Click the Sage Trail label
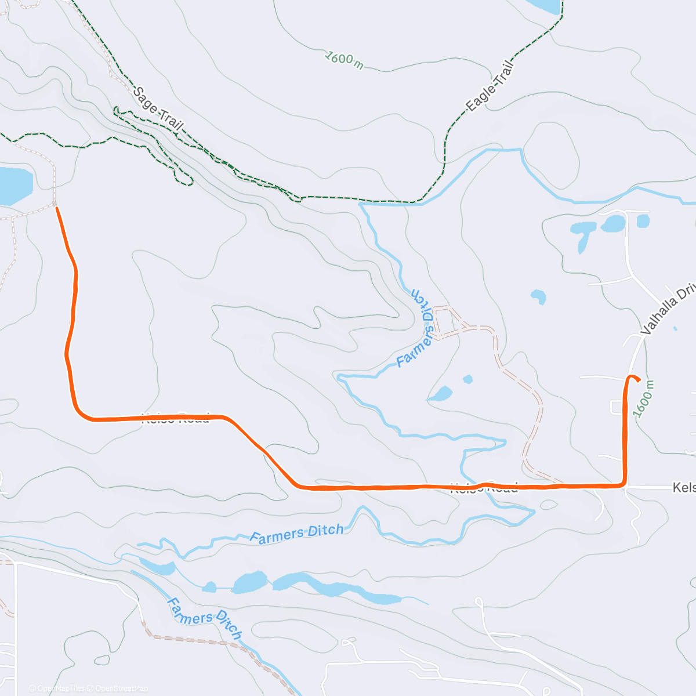(x=158, y=108)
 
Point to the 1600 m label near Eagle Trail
(x=344, y=60)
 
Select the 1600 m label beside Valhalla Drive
(x=644, y=398)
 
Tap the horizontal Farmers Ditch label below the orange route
(x=296, y=534)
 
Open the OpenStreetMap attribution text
(x=122, y=688)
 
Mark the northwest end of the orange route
(x=57, y=208)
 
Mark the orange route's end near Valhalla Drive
(x=639, y=381)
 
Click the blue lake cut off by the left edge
(x=14, y=186)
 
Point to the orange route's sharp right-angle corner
(x=623, y=484)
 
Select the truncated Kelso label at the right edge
(x=684, y=487)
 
